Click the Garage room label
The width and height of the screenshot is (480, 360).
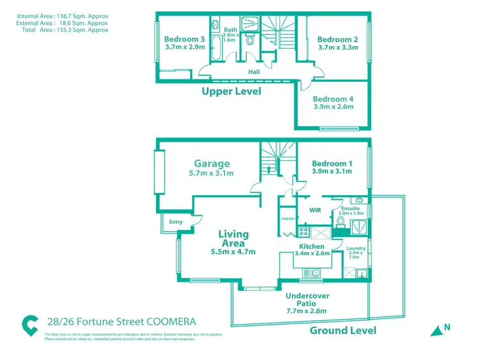tap(212, 163)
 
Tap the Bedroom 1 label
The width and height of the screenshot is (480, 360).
tap(331, 164)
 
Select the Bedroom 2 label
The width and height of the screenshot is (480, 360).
tap(337, 40)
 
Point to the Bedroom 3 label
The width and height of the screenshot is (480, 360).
tap(184, 39)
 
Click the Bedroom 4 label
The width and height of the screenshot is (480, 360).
tap(333, 99)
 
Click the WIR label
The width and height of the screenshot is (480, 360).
tap(315, 209)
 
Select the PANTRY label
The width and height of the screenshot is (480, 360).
tap(287, 218)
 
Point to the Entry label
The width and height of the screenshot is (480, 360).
tap(176, 222)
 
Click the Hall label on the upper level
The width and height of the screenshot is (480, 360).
tap(254, 72)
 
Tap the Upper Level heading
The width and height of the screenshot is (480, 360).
tap(231, 92)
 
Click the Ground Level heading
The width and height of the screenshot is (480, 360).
tap(343, 331)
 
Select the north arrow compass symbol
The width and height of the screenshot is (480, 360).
tap(439, 329)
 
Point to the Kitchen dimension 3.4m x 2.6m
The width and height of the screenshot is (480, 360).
tap(312, 254)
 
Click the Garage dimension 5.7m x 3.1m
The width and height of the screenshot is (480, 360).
tap(212, 174)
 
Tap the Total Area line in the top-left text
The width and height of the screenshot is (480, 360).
tap(62, 29)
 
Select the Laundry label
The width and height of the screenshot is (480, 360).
tap(356, 248)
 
